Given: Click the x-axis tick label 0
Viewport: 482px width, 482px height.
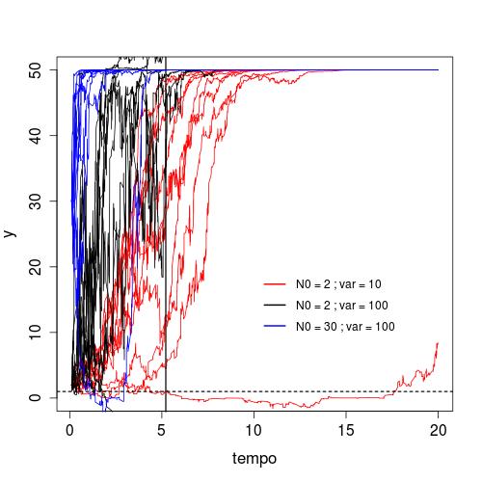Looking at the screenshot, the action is (x=69, y=430).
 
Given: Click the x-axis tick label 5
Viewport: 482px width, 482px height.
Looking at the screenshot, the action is (x=162, y=430).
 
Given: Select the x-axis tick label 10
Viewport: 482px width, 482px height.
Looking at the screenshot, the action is (x=254, y=430).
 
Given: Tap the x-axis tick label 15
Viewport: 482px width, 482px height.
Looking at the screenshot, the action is (x=346, y=430).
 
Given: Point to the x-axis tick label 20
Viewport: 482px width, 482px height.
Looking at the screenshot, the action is (x=438, y=430).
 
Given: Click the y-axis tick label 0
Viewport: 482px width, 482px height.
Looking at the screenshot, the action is (x=35, y=397).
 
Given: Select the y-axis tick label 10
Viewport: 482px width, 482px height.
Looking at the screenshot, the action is (x=35, y=332).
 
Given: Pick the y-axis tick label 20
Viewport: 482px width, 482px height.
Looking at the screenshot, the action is (x=35, y=266).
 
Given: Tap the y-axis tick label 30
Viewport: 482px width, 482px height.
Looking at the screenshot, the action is (x=35, y=201).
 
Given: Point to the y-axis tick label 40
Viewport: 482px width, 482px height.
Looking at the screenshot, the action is (x=35, y=135).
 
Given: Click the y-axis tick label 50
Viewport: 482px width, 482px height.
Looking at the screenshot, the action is (x=35, y=69).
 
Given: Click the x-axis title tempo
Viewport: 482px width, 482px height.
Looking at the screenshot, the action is (x=254, y=459).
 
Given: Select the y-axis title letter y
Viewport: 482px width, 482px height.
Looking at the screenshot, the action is (x=11, y=233).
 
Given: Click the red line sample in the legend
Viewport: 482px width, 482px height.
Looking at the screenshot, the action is (x=275, y=284).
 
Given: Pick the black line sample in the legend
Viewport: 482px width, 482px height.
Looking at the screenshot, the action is (x=275, y=305).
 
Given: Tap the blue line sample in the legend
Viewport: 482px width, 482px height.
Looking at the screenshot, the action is (x=275, y=326).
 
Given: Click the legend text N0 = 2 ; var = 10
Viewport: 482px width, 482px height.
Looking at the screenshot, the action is (x=338, y=284).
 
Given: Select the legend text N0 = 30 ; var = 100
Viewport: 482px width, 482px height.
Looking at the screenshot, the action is (x=345, y=327).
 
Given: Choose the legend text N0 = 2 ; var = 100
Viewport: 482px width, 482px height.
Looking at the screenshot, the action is (x=342, y=306).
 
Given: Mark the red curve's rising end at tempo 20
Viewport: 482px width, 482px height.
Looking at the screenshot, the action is (x=438, y=343).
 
